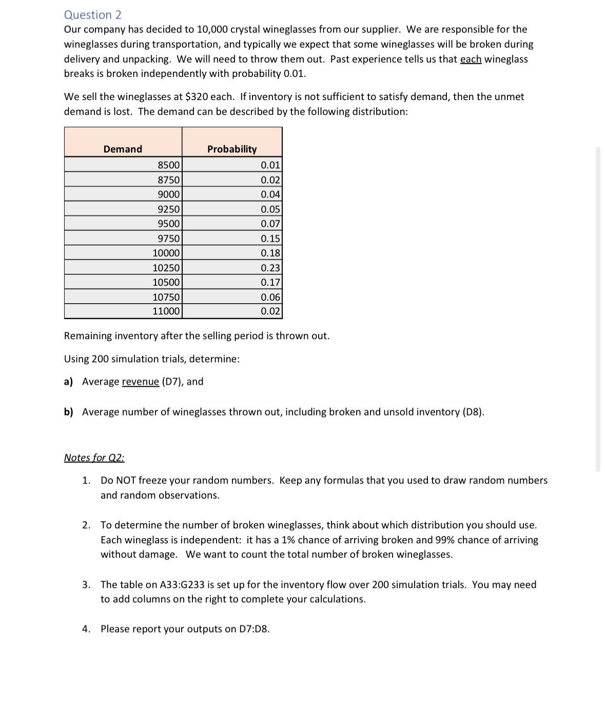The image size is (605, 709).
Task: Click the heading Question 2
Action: pyautogui.click(x=93, y=15)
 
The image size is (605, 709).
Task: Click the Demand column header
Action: pyautogui.click(x=123, y=149)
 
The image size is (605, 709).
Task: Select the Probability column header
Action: pyautogui.click(x=232, y=149)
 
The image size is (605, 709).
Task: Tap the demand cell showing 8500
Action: pyautogui.click(x=169, y=165)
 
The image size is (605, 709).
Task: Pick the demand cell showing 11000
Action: pyautogui.click(x=166, y=311)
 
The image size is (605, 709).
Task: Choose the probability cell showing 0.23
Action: pyautogui.click(x=270, y=268)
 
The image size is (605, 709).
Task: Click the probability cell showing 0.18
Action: pyautogui.click(x=270, y=253)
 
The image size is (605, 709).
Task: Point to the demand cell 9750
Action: pyautogui.click(x=169, y=239)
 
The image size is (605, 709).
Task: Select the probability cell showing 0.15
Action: pyautogui.click(x=270, y=239)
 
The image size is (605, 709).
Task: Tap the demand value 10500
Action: pyautogui.click(x=166, y=282)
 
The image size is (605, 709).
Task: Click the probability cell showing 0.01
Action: pyautogui.click(x=270, y=165)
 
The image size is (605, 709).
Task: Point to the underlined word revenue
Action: pyautogui.click(x=140, y=382)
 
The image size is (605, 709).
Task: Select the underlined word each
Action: pyautogui.click(x=471, y=59)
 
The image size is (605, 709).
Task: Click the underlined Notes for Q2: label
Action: pyautogui.click(x=94, y=458)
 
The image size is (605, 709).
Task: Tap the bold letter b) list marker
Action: pyautogui.click(x=69, y=412)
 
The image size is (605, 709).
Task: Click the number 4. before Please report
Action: pyautogui.click(x=86, y=629)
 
